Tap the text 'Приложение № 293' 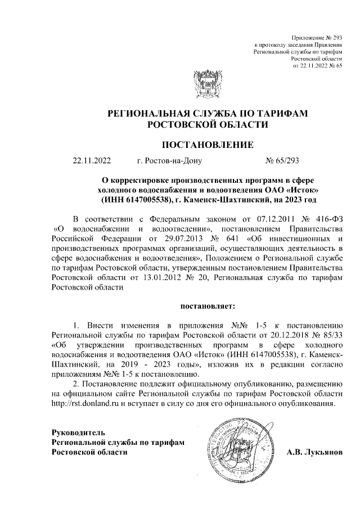[x=318, y=36]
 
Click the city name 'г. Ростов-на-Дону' [x=169, y=161]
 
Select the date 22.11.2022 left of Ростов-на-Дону [x=92, y=161]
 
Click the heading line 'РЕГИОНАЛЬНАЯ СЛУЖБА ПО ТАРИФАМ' [x=208, y=114]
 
